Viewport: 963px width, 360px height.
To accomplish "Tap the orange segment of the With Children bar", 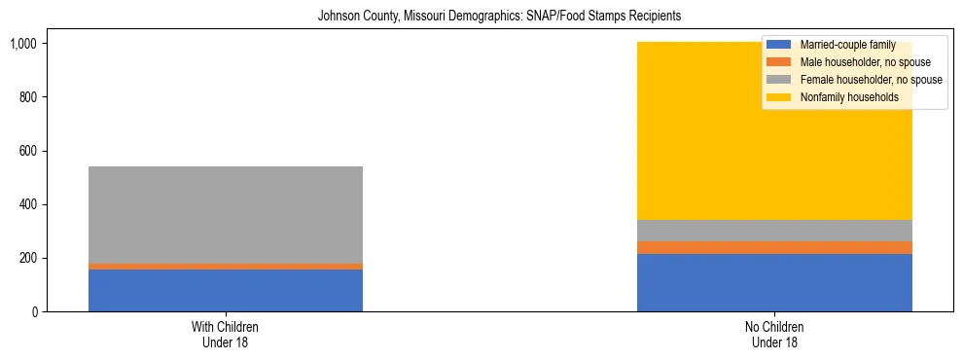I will tap(226, 267).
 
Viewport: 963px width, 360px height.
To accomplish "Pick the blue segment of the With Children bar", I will tap(226, 290).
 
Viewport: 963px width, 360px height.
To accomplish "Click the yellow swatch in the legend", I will tap(779, 97).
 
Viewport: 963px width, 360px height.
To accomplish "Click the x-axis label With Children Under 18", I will tap(226, 335).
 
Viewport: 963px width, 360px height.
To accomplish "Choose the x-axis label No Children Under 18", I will tap(774, 335).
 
